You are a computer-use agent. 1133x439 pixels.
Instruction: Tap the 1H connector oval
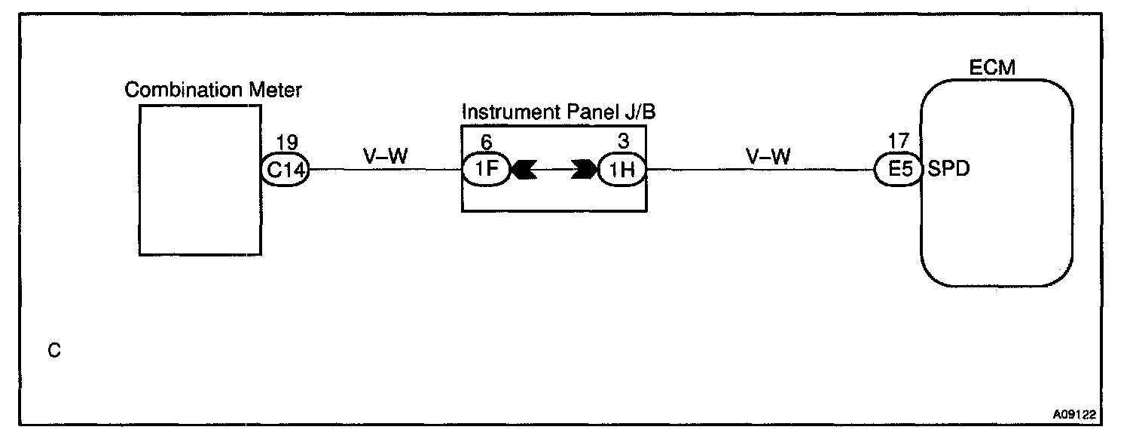(621, 170)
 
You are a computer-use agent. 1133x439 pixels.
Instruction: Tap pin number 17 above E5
(899, 140)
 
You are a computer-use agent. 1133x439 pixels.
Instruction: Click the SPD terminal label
(948, 170)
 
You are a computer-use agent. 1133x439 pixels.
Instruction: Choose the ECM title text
(992, 68)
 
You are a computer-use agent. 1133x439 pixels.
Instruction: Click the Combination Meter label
(213, 91)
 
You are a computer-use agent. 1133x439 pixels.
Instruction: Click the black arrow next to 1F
(524, 170)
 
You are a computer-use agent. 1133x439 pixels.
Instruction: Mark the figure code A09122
(1074, 414)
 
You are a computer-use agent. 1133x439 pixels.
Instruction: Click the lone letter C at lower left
(53, 351)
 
